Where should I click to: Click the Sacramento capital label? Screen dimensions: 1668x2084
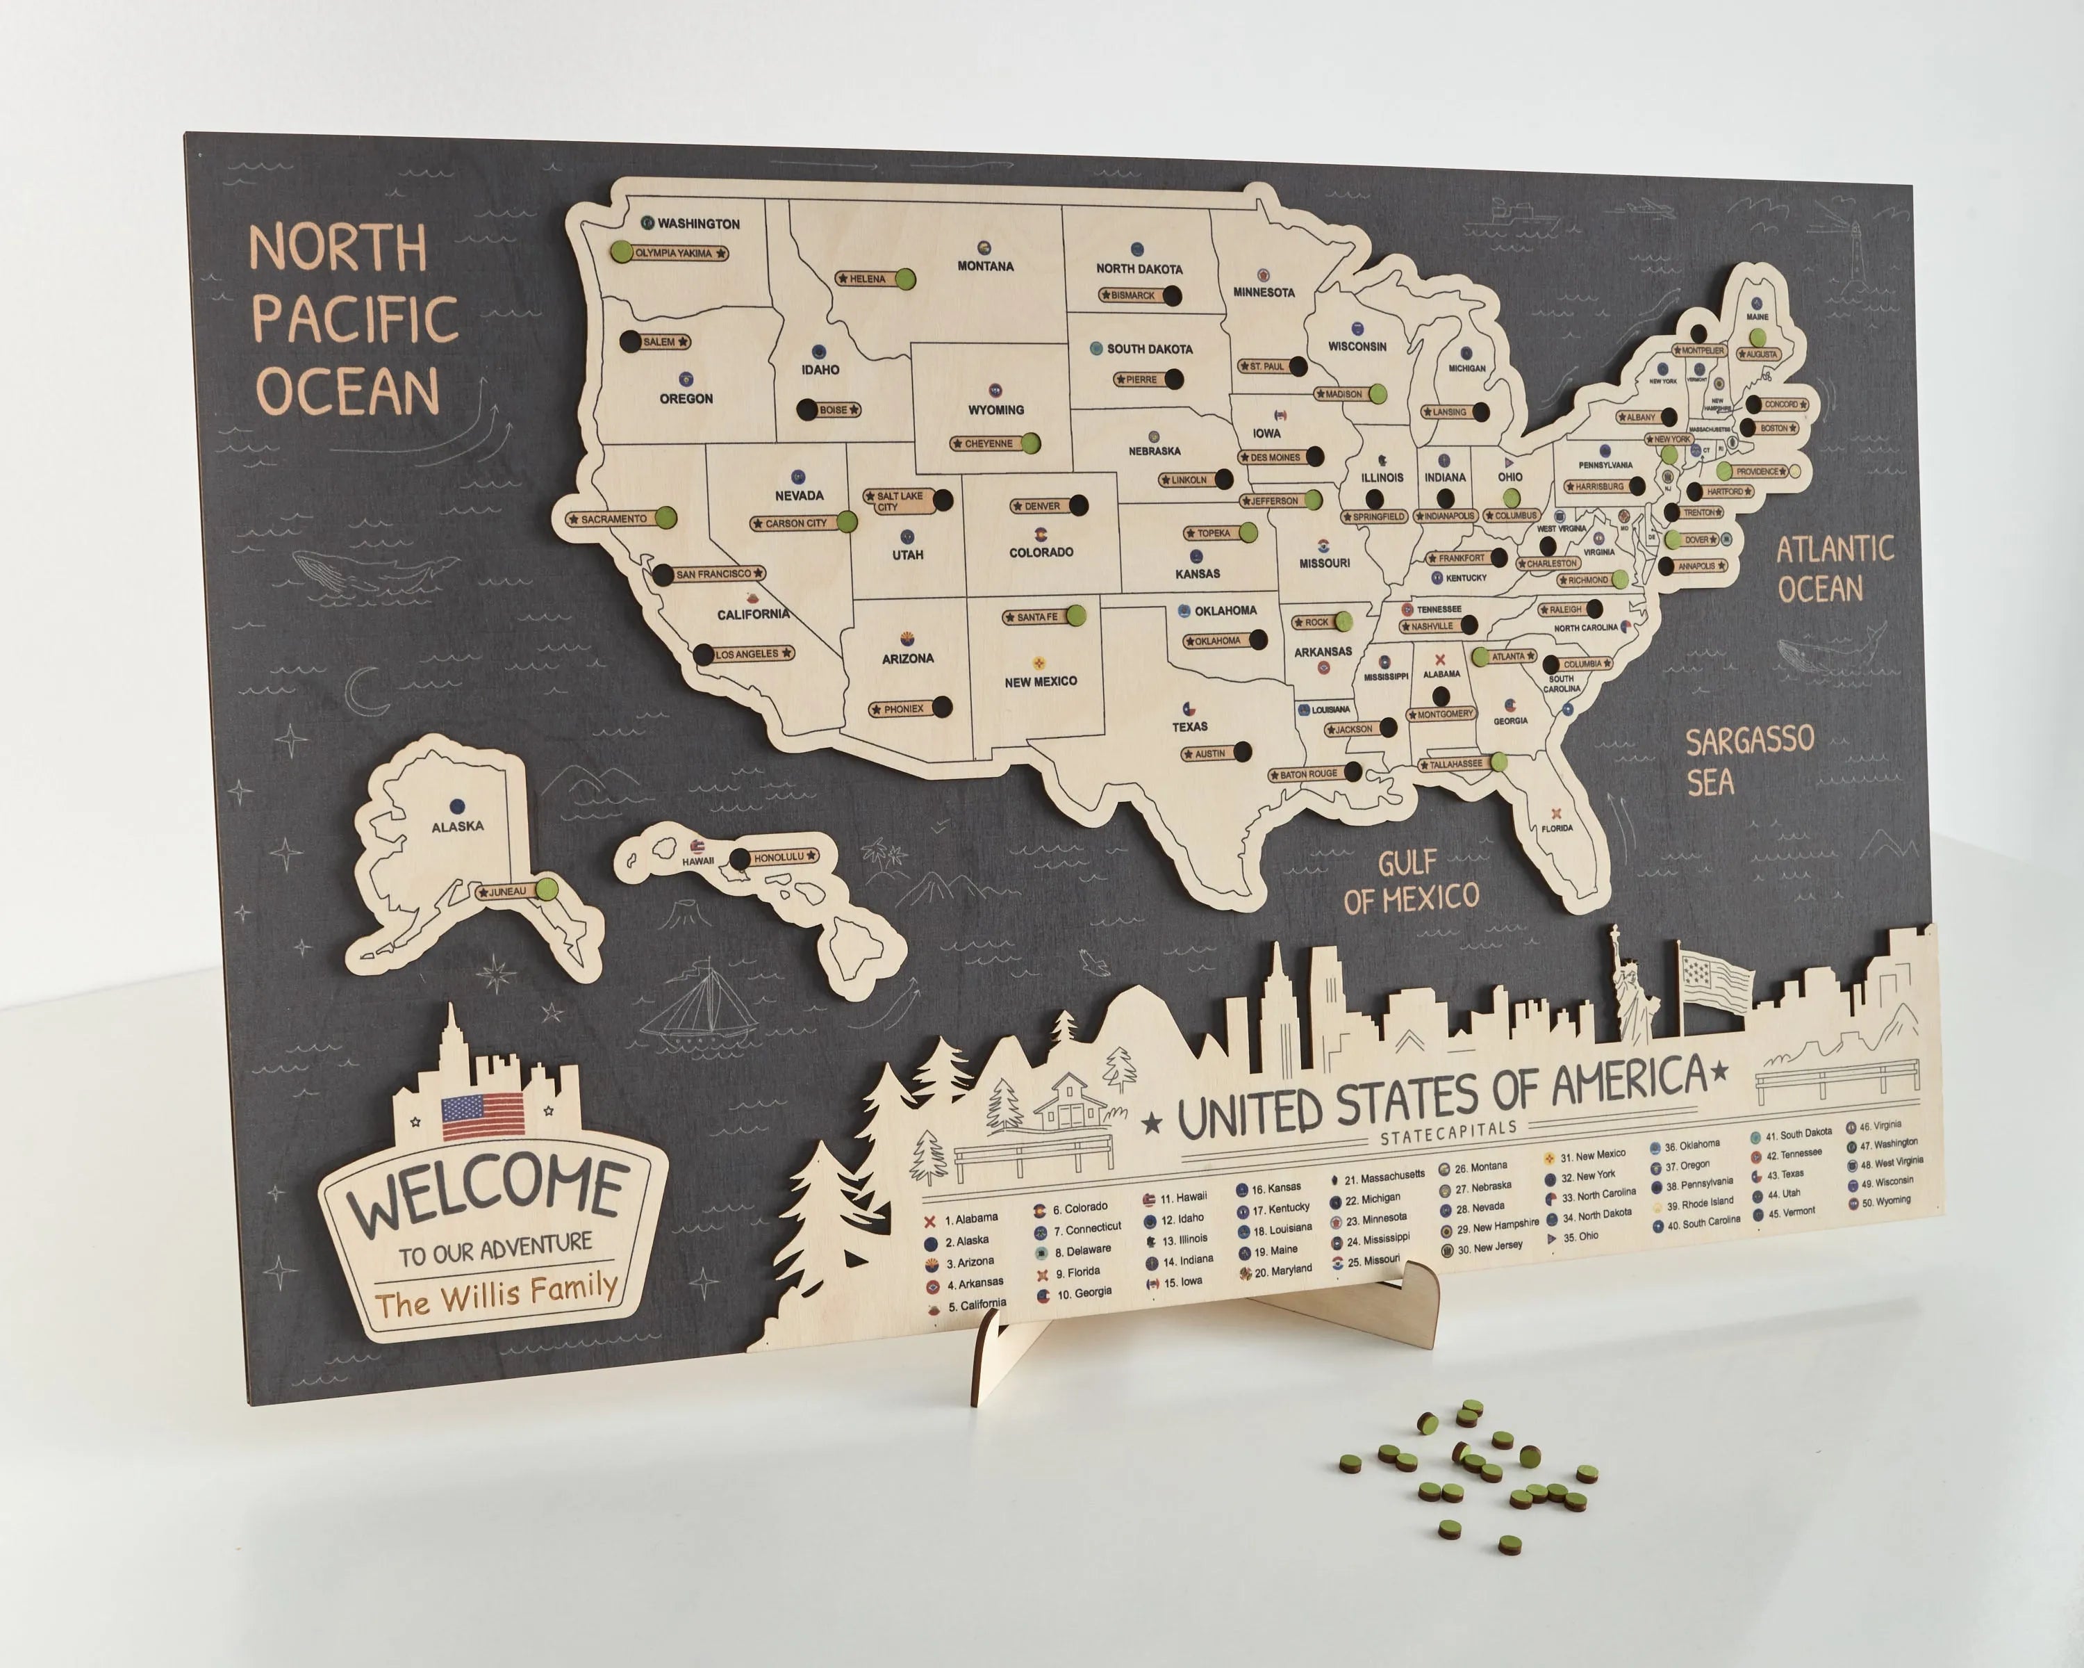613,519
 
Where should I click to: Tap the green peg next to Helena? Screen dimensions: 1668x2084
904,279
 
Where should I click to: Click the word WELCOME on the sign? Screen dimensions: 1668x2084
486,1193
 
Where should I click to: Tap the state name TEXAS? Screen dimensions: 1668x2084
1190,726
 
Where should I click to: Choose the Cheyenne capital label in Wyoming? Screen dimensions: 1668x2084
988,444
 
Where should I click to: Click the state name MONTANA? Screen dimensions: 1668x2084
985,266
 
